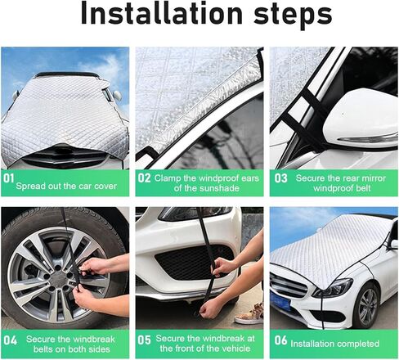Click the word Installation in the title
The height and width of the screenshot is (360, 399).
pos(162,13)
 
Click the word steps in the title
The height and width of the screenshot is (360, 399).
pos(293,15)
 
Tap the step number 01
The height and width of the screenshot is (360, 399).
pos(8,178)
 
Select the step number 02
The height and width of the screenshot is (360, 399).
pos(144,178)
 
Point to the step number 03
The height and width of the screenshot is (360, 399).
pos(280,178)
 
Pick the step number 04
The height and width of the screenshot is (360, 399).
pos(11,340)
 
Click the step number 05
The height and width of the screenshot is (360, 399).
pos(144,340)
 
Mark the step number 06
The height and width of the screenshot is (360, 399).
pos(280,340)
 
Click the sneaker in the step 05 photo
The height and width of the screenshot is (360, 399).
pos(249,314)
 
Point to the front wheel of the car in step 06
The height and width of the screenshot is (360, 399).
pos(366,305)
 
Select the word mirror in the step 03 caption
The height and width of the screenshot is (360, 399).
pos(374,178)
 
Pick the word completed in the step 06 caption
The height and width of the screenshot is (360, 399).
pos(356,344)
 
